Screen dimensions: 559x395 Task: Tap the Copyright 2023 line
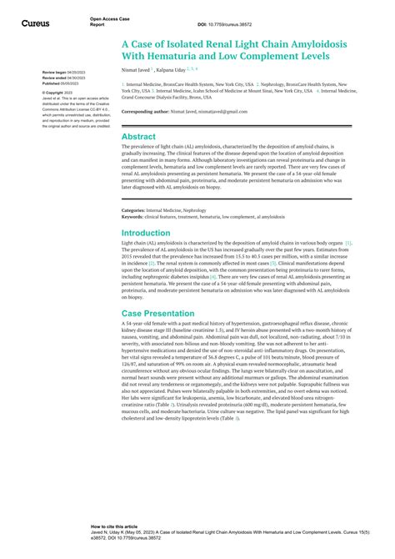coord(57,92)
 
